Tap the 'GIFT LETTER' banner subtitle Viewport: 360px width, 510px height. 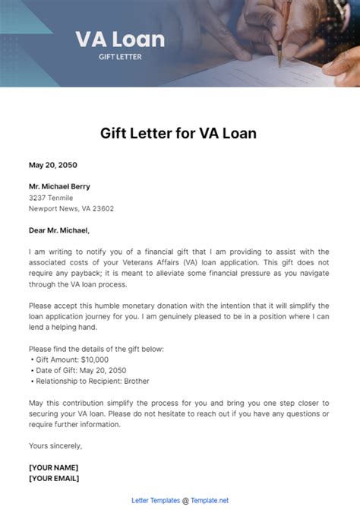point(120,57)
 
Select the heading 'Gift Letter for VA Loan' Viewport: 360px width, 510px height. point(179,133)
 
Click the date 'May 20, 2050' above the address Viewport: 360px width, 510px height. point(52,165)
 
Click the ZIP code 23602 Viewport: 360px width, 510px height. point(103,208)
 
